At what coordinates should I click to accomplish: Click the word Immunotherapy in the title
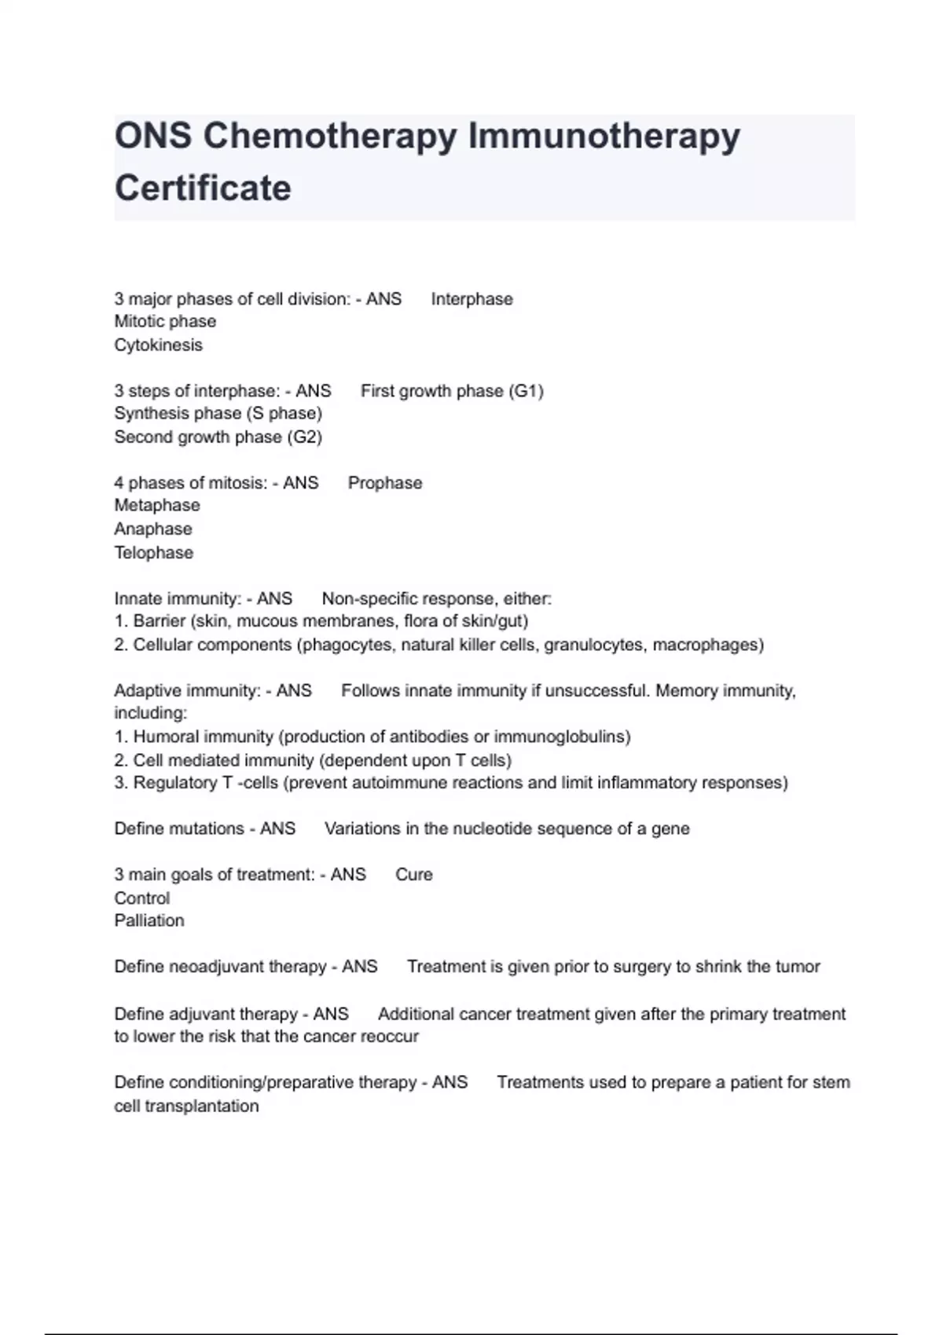point(604,137)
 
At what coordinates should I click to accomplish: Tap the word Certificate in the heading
point(203,188)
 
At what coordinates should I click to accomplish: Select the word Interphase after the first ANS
point(472,299)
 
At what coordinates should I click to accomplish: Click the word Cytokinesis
point(158,346)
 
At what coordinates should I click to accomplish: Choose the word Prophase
point(384,483)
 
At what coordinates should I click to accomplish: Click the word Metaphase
point(156,506)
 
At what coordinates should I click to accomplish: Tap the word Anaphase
point(152,529)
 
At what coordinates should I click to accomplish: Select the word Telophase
point(153,553)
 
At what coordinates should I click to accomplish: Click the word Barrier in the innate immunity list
point(159,621)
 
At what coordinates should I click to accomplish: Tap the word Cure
point(413,875)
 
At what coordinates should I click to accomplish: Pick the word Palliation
point(149,920)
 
